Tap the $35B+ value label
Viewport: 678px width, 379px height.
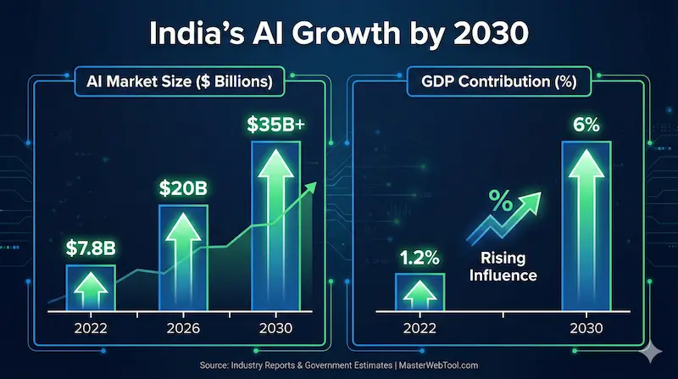tap(275, 124)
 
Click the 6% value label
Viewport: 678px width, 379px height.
tap(585, 125)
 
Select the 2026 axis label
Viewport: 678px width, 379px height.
tap(184, 328)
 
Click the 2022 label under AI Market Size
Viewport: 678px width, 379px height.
tap(90, 328)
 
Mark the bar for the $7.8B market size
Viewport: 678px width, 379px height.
tap(90, 288)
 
